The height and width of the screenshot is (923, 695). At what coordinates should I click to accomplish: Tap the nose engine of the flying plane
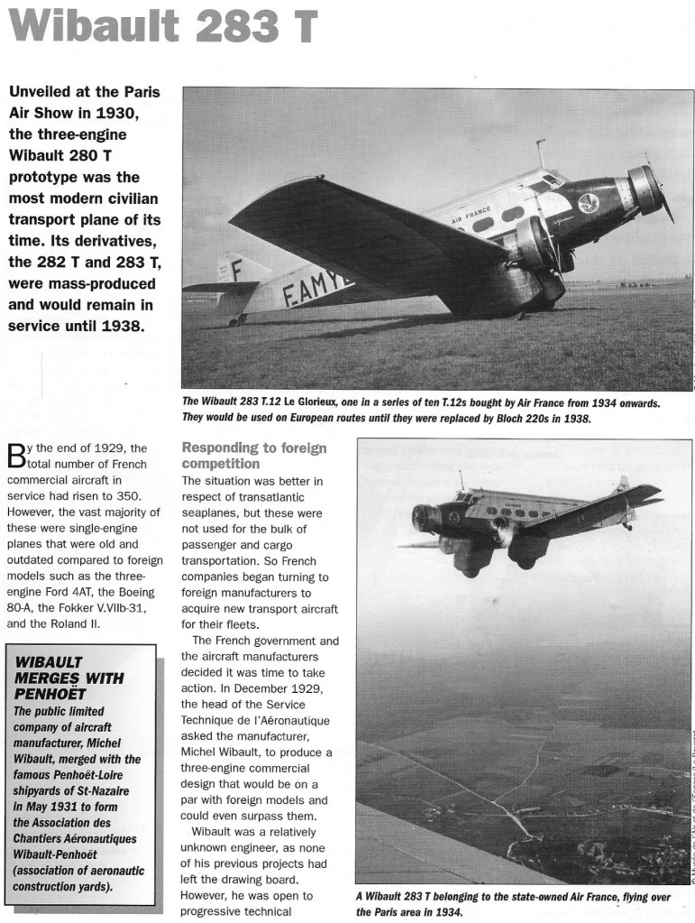[x=425, y=518]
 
